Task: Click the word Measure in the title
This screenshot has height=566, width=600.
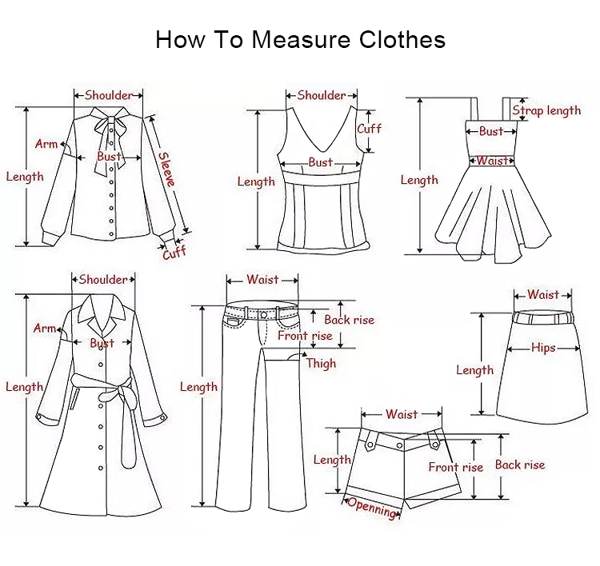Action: point(301,39)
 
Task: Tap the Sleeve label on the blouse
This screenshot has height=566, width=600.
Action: point(167,169)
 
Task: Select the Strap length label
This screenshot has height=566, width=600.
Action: point(546,110)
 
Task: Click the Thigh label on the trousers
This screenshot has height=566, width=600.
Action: point(321,363)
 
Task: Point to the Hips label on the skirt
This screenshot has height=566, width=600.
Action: point(543,348)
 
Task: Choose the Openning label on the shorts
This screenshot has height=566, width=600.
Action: point(371,508)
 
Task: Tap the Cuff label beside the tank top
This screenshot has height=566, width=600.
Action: point(369,128)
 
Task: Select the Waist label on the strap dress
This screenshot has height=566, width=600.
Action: point(493,161)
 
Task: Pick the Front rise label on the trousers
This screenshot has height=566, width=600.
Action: point(305,336)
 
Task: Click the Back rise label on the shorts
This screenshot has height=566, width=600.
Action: point(520,464)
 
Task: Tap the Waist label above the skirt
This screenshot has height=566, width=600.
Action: point(543,294)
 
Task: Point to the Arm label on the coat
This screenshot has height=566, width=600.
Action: point(45,328)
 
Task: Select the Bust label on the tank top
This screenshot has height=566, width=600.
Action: point(321,162)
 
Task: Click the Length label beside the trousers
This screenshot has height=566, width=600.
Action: point(198,387)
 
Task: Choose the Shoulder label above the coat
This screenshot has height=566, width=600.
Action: point(103,280)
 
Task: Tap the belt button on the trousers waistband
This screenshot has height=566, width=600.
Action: point(264,315)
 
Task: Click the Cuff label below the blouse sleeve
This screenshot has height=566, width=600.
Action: point(174,253)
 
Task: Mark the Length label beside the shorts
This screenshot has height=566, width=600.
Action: point(332,460)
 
